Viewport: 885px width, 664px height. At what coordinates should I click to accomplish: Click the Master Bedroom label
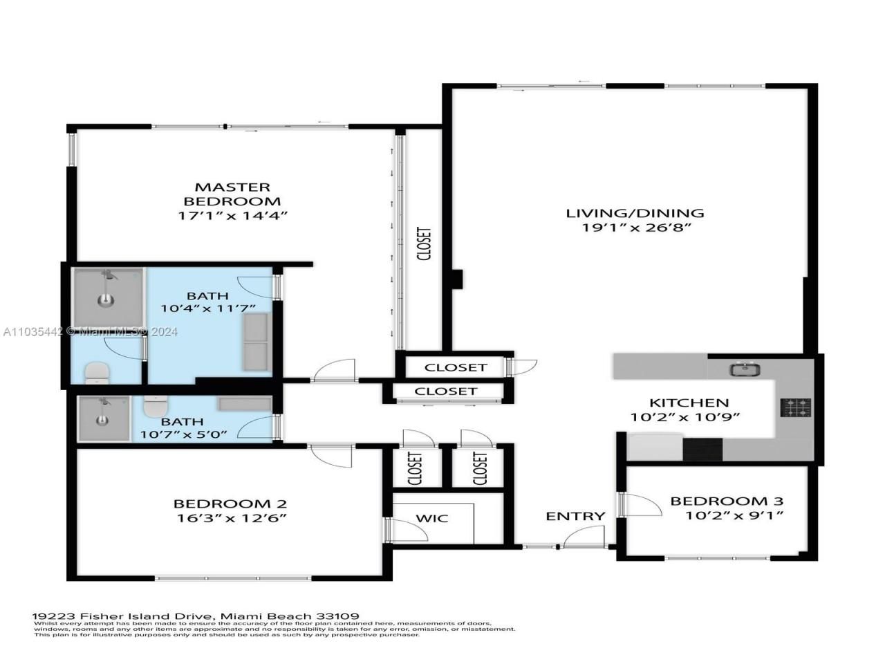tap(232, 194)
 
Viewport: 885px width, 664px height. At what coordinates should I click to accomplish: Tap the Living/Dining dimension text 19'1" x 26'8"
tap(634, 228)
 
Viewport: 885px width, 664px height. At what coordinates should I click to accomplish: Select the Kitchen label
tap(688, 403)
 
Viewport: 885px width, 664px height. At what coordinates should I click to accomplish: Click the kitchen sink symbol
tap(745, 369)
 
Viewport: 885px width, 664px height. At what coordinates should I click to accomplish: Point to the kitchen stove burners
tap(796, 407)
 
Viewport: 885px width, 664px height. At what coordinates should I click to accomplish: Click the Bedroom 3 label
tap(727, 501)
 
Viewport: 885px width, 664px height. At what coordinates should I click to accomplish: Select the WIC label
tap(432, 518)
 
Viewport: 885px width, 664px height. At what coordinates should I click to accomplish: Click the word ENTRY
tap(575, 516)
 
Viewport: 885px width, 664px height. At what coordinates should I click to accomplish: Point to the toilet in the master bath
tap(96, 373)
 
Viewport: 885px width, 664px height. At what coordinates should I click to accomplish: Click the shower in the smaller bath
tap(103, 418)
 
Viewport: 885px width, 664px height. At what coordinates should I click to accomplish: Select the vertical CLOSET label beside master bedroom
tap(424, 244)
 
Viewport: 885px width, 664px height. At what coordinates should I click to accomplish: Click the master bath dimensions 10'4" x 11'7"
tap(208, 308)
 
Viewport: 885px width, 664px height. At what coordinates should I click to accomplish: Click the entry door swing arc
tap(585, 537)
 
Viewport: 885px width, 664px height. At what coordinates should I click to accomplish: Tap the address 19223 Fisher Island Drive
tap(124, 616)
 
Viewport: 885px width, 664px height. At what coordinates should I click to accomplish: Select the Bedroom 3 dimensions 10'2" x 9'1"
tap(734, 515)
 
